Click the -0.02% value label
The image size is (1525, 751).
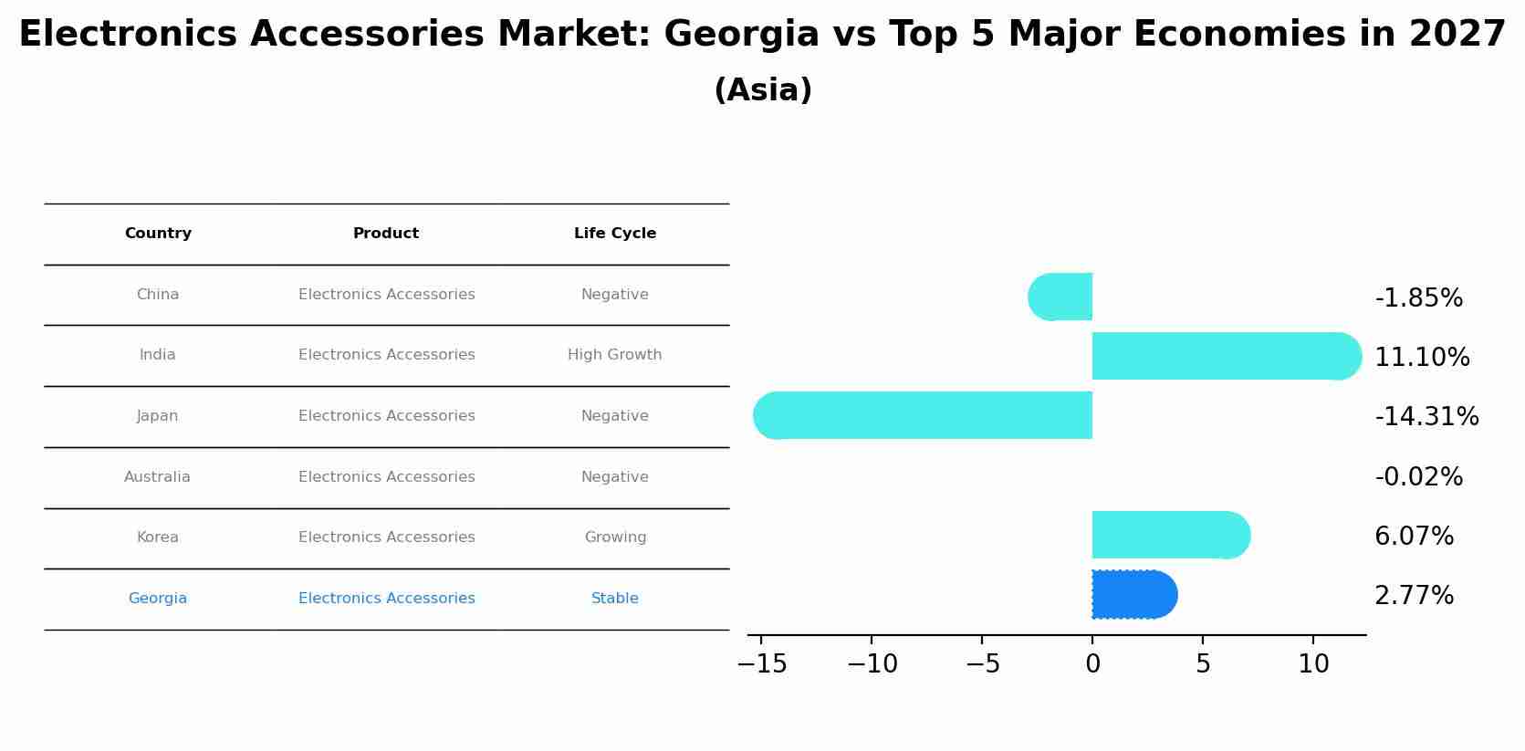[1418, 477]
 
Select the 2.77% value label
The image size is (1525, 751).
[1414, 596]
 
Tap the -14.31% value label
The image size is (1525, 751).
[1426, 417]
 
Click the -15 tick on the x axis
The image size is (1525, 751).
[762, 664]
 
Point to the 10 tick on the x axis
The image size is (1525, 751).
[1313, 664]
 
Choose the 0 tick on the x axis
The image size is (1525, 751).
[1092, 664]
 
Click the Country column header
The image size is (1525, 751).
[158, 234]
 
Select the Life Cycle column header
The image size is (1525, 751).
[615, 234]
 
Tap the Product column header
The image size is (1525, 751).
[386, 234]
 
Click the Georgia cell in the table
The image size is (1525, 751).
[158, 599]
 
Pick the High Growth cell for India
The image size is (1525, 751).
[615, 355]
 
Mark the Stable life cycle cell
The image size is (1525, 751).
[615, 599]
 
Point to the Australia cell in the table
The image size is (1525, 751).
[158, 477]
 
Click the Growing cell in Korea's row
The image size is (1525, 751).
[615, 537]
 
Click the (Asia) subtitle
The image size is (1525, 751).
[763, 90]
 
